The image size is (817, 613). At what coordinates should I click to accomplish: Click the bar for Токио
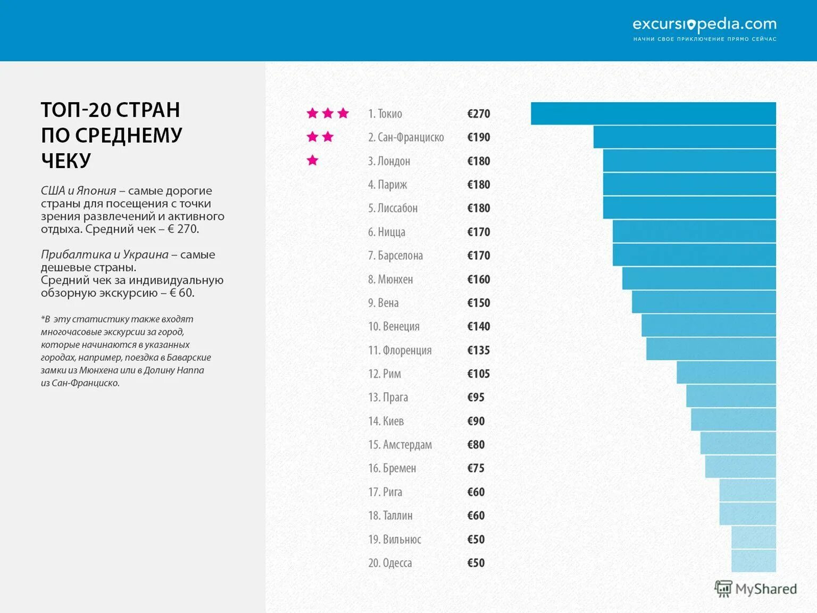(653, 113)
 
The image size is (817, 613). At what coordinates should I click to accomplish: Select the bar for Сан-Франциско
(685, 137)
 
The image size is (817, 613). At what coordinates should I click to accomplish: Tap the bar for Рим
(726, 372)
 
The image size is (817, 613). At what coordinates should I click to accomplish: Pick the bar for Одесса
(753, 561)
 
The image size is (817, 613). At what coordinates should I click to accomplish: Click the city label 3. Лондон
(389, 161)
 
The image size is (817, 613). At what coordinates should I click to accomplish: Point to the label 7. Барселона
(395, 255)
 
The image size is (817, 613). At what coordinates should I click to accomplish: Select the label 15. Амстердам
(399, 445)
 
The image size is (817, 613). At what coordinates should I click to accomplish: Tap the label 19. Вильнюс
(394, 540)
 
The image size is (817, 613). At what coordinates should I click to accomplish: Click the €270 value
(478, 114)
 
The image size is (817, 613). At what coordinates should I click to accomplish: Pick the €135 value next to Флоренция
(478, 350)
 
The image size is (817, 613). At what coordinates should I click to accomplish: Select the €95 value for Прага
(476, 397)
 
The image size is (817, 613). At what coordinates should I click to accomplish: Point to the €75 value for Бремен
(476, 468)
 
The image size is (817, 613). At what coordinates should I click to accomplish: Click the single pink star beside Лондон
(312, 160)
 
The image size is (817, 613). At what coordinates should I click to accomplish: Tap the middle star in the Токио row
(328, 113)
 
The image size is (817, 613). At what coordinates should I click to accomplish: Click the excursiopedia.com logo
(704, 25)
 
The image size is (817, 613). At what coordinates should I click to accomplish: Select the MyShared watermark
(755, 589)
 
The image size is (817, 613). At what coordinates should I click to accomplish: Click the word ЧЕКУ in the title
(66, 160)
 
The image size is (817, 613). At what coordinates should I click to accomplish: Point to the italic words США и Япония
(78, 190)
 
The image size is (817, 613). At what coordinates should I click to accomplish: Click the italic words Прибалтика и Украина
(104, 254)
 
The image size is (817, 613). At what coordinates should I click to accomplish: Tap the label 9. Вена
(383, 303)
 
